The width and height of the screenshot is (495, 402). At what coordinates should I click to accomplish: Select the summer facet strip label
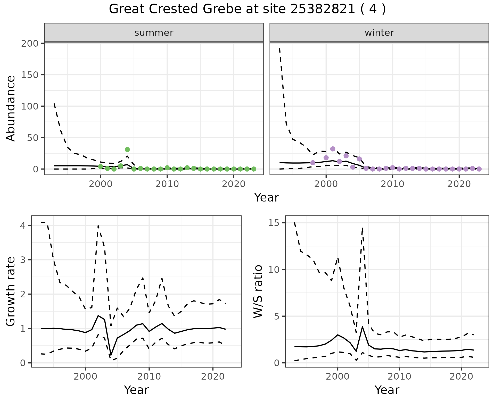tap(154, 33)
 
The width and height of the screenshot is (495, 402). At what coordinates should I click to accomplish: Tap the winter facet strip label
tap(379, 33)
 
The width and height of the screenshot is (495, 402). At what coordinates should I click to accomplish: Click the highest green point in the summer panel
tap(127, 149)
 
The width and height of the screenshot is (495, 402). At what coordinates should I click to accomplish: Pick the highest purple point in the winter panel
tap(333, 149)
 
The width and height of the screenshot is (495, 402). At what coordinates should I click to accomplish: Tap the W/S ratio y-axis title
tap(258, 292)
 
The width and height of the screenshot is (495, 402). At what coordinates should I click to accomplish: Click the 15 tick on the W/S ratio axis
tap(275, 223)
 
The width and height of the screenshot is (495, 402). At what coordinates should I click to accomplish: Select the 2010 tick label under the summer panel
tap(167, 184)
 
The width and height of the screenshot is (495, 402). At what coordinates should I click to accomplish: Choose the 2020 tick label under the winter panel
tap(459, 184)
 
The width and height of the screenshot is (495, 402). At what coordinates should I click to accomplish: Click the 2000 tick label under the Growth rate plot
tap(85, 377)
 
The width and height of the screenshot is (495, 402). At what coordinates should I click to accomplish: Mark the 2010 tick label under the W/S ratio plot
tap(399, 377)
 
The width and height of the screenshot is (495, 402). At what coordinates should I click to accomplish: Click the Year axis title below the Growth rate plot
tap(136, 390)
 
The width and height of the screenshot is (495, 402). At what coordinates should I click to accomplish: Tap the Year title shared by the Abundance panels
tap(267, 198)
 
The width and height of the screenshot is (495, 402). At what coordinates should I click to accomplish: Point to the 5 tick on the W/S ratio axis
tap(277, 316)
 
